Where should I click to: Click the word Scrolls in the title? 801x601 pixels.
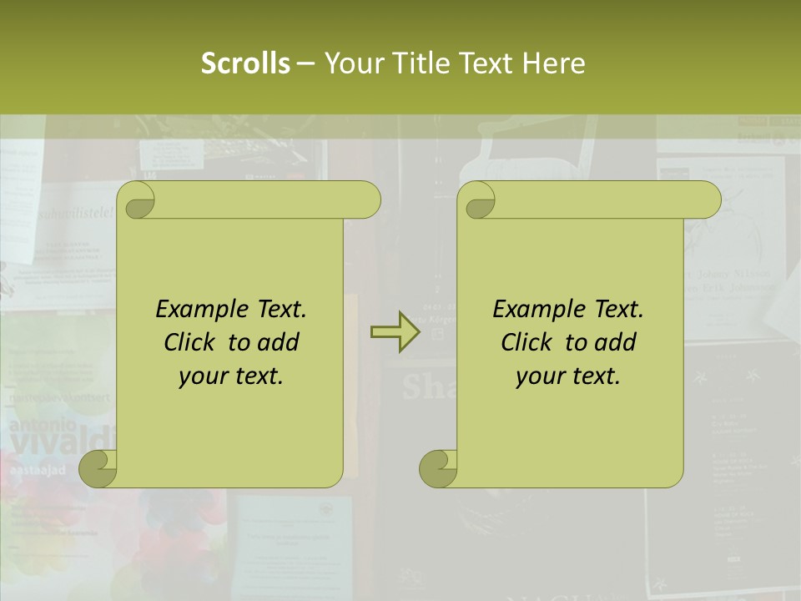(245, 63)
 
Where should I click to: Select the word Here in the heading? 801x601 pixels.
(554, 63)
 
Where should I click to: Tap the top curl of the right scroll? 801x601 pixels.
(478, 201)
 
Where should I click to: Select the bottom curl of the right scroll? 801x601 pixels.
(438, 467)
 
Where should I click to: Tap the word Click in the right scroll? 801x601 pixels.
(526, 342)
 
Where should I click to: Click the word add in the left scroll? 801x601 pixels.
(279, 342)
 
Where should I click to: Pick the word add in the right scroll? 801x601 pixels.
(616, 342)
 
